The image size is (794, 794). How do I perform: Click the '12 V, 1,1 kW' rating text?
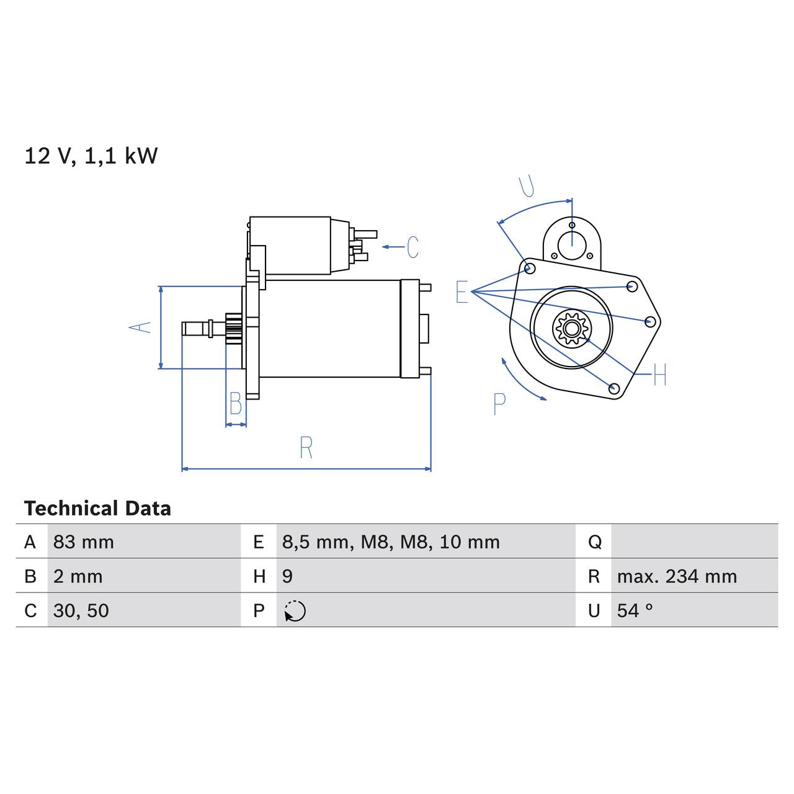pyautogui.click(x=91, y=156)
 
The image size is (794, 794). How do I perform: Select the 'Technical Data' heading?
pyautogui.click(x=97, y=509)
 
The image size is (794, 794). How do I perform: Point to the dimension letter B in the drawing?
pyautogui.click(x=236, y=404)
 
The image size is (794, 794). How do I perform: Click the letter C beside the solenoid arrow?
pyautogui.click(x=413, y=247)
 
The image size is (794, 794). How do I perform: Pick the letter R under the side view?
pyautogui.click(x=306, y=448)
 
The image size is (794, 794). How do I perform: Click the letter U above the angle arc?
pyautogui.click(x=527, y=185)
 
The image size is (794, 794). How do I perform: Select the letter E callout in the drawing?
pyautogui.click(x=462, y=292)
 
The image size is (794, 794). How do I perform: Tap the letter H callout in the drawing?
pyautogui.click(x=659, y=375)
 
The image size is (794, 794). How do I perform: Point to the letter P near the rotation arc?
pyautogui.click(x=499, y=404)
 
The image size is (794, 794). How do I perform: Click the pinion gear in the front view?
pyautogui.click(x=571, y=328)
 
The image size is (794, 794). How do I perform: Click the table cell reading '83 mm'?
pyautogui.click(x=84, y=542)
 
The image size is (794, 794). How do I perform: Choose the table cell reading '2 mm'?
pyautogui.click(x=78, y=576)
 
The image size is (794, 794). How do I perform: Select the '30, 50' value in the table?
pyautogui.click(x=81, y=611)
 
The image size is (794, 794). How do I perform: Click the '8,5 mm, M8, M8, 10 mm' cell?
pyautogui.click(x=391, y=542)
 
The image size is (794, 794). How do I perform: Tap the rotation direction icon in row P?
pyautogui.click(x=295, y=611)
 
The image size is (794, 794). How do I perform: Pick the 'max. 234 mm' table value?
pyautogui.click(x=677, y=576)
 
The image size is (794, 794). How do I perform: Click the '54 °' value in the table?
pyautogui.click(x=635, y=611)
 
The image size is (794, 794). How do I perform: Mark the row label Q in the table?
pyautogui.click(x=594, y=542)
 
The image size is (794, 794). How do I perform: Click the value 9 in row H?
pyautogui.click(x=287, y=576)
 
